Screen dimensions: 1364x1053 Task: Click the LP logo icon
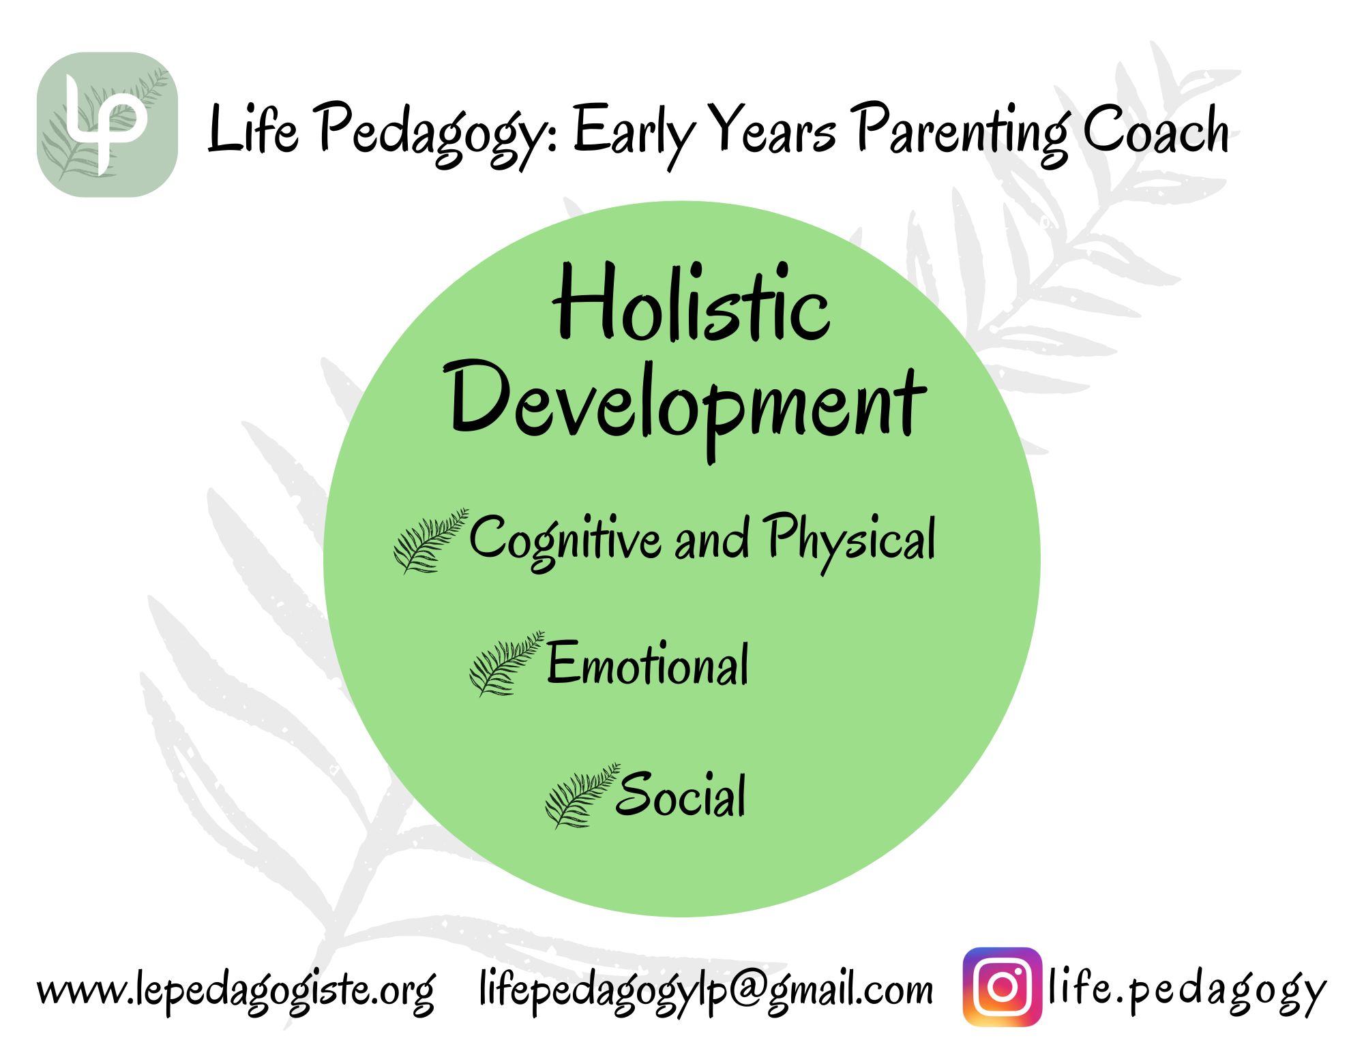pyautogui.click(x=107, y=125)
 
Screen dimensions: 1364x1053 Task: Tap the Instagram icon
pyautogui.click(x=1003, y=987)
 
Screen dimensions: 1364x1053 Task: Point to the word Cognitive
pyautogui.click(x=565, y=540)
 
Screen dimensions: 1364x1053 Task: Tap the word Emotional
pyautogui.click(x=647, y=664)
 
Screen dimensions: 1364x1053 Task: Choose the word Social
pyautogui.click(x=680, y=795)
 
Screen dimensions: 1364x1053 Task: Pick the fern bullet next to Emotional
pyautogui.click(x=507, y=663)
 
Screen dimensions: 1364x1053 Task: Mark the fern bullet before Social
pyautogui.click(x=582, y=795)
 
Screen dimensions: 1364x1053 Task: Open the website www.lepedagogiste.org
pyautogui.click(x=236, y=990)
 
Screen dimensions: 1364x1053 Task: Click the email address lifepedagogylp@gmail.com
pyautogui.click(x=705, y=990)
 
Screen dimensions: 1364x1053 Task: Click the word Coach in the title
pyautogui.click(x=1156, y=129)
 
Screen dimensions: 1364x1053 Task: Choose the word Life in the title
pyautogui.click(x=252, y=127)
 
